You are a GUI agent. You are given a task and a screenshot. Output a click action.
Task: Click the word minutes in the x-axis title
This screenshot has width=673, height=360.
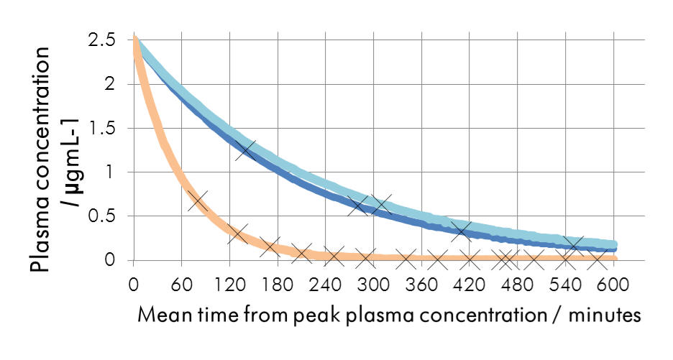(x=600, y=315)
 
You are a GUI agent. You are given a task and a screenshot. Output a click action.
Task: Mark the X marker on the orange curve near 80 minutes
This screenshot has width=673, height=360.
(x=198, y=200)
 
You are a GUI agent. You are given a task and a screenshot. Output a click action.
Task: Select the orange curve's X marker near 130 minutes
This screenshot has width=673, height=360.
(x=237, y=234)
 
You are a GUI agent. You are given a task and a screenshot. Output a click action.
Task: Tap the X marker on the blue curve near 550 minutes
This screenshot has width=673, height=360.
(x=573, y=244)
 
